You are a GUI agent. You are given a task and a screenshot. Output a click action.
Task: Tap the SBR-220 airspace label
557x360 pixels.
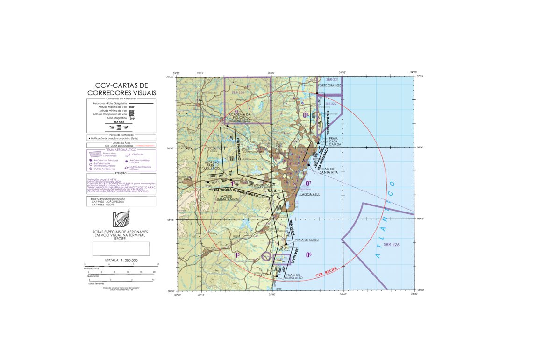click(238, 93)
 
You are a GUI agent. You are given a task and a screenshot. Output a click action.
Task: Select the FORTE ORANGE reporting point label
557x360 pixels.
click(329, 85)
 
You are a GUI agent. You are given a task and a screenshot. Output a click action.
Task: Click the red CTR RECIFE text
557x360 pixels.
click(327, 271)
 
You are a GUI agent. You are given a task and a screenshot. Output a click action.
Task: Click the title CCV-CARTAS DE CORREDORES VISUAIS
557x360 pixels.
click(121, 89)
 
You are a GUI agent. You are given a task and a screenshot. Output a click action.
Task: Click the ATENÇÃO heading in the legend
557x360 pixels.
click(121, 173)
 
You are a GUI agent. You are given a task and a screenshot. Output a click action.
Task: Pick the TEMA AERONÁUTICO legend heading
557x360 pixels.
click(121, 150)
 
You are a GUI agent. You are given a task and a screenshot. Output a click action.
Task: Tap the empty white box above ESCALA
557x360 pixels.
click(121, 248)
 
